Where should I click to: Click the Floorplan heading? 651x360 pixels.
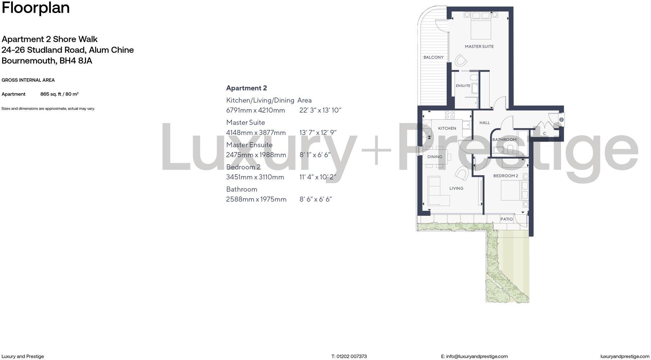coord(36,8)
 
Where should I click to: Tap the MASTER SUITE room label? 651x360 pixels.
coord(479,46)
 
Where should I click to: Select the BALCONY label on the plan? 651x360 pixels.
coord(433,57)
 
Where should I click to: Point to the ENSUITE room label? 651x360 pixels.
coord(463,86)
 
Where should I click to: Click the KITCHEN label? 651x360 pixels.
coord(447,128)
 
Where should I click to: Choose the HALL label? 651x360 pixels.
coord(484,123)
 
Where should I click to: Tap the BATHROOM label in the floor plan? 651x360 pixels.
coord(504,140)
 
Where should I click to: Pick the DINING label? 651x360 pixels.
coord(435,157)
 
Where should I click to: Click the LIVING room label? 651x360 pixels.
coord(456,188)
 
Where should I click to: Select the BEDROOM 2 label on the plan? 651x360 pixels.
coord(506,176)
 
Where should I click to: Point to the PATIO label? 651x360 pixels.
coord(506,219)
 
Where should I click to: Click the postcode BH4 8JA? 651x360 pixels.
coord(76,60)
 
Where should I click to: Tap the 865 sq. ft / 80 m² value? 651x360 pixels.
coord(59,94)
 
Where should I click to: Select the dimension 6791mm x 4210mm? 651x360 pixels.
coord(255,110)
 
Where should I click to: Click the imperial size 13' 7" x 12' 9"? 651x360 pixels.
coord(318,132)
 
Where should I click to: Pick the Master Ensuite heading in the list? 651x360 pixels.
coord(249,145)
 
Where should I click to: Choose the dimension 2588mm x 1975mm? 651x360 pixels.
coord(256,199)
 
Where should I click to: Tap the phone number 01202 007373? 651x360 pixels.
coord(351,356)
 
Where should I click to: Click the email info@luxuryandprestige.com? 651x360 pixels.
coord(477,356)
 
